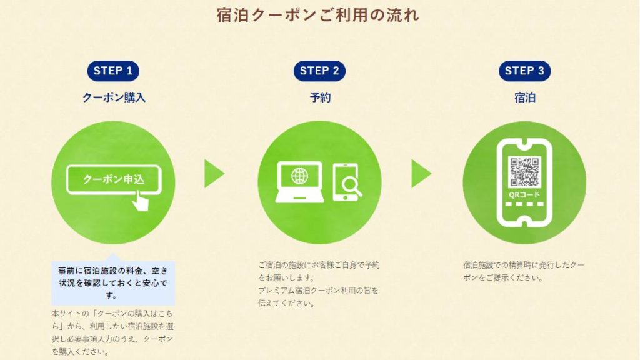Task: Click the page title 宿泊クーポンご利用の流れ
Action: point(318,16)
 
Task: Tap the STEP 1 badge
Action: point(113,71)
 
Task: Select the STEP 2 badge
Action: point(319,71)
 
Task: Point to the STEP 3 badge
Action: point(524,71)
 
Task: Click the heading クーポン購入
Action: point(114,97)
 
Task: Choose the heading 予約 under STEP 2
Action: point(320,97)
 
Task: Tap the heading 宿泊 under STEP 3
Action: point(525,97)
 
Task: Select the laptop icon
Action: point(299,182)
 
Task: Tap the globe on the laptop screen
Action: point(299,176)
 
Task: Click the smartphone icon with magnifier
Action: point(347,182)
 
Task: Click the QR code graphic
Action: point(524,172)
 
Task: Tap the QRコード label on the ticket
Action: point(524,195)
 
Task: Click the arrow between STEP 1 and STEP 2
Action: point(215,174)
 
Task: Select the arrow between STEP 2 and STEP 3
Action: point(421,174)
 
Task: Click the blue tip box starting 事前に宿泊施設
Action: point(113,282)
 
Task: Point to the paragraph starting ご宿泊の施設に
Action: point(319,284)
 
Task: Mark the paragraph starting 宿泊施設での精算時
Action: point(524,271)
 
